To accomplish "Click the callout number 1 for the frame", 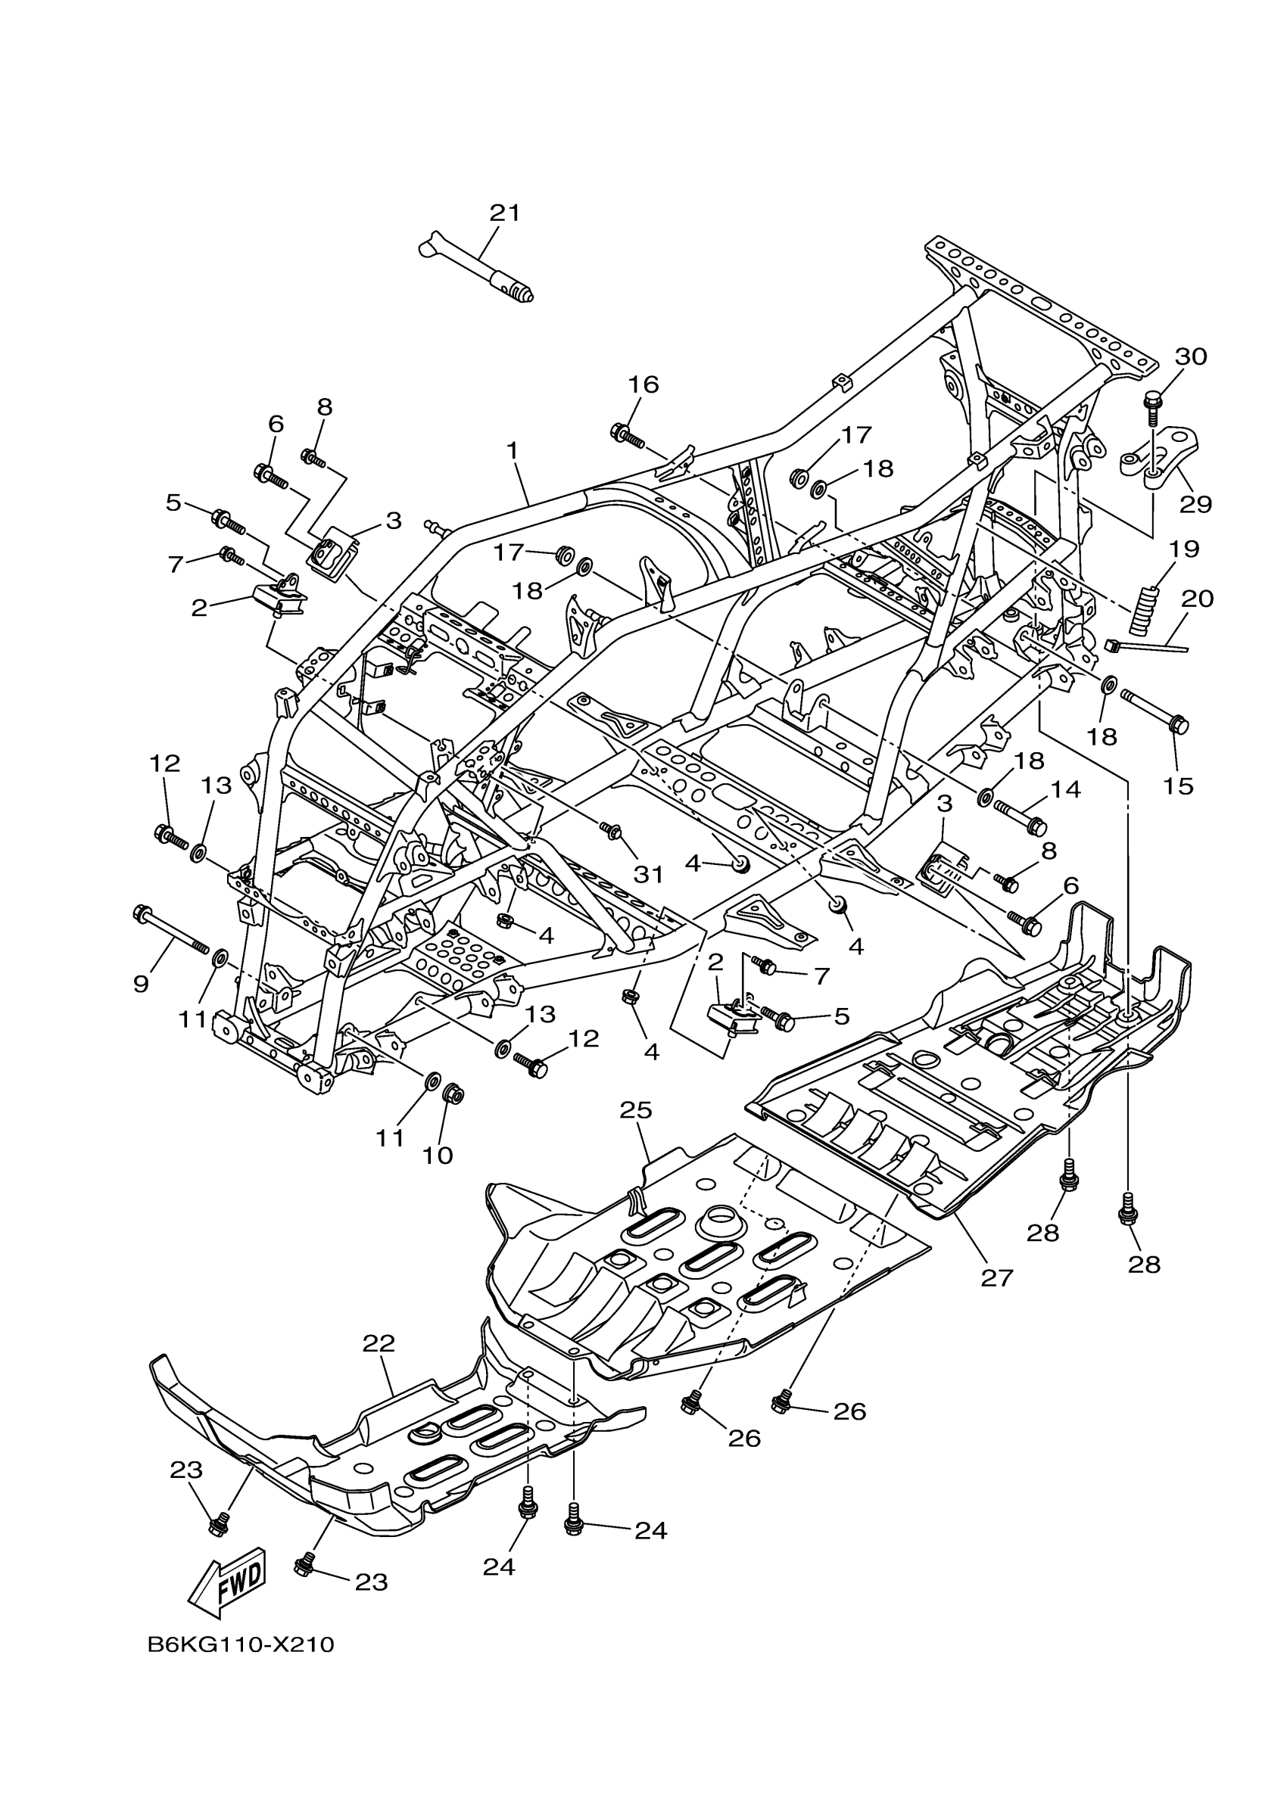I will tap(513, 450).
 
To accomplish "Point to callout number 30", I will tap(1190, 356).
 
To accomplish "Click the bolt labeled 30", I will tap(1152, 404).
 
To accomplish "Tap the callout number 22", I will tap(379, 1342).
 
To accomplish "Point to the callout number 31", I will tap(648, 874).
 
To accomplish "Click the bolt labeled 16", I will tap(626, 434).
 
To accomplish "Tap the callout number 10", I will tap(436, 1155).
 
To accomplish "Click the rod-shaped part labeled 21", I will tap(475, 267).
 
